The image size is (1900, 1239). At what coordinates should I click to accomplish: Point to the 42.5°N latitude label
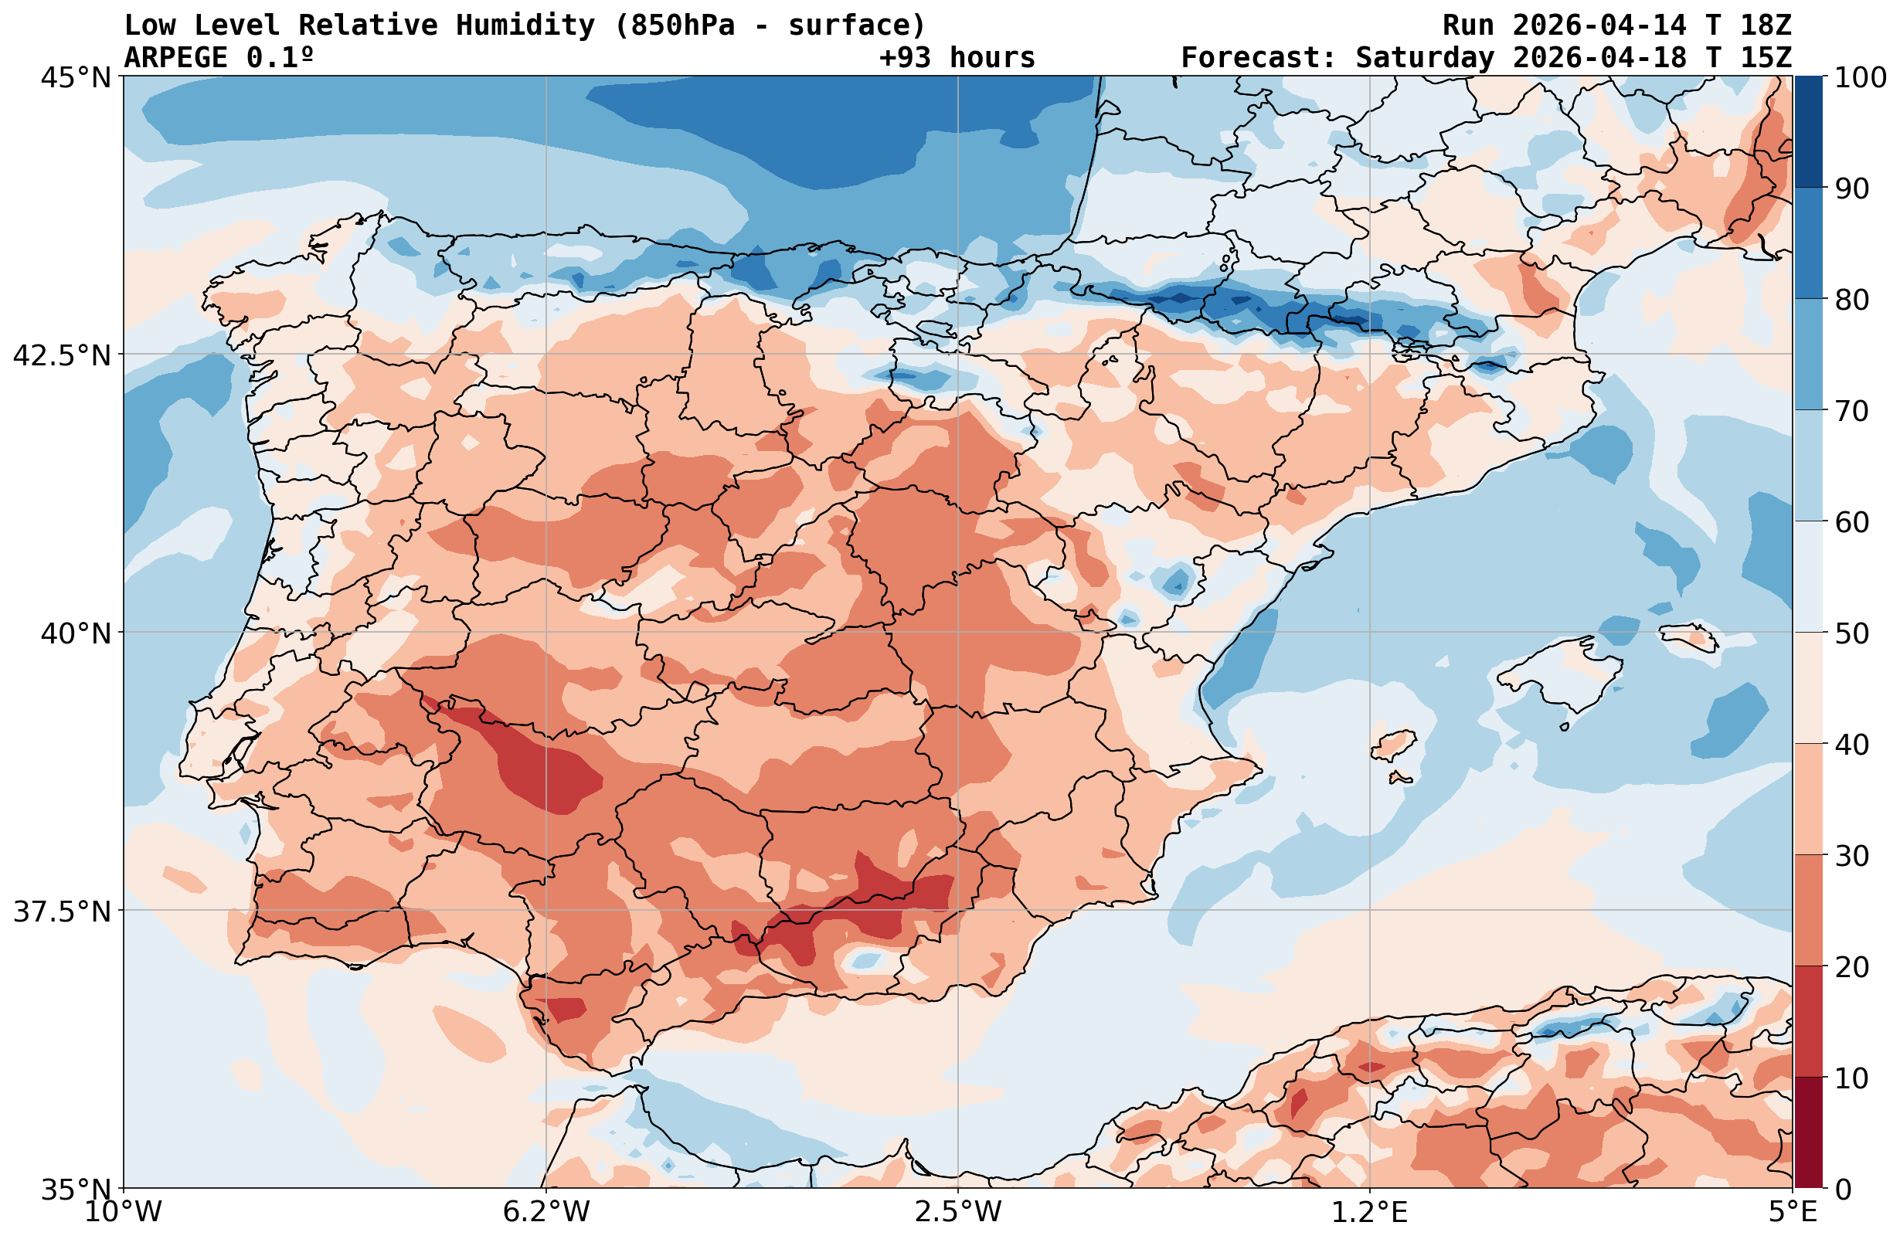(x=63, y=355)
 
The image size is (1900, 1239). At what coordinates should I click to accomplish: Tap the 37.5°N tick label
(x=63, y=911)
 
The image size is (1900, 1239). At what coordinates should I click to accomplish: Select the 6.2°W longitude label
(x=546, y=1213)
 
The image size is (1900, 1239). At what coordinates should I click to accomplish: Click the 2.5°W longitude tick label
(x=958, y=1213)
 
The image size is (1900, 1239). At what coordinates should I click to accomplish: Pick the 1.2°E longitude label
(x=1369, y=1213)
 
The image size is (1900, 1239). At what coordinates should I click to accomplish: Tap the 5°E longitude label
(x=1793, y=1213)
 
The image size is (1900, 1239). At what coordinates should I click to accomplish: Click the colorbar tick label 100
(x=1860, y=77)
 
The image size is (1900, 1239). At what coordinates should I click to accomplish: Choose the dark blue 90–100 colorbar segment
(x=1809, y=132)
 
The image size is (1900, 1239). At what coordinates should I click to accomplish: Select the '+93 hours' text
(x=957, y=58)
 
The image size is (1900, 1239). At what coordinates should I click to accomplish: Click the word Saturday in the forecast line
(x=1425, y=58)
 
